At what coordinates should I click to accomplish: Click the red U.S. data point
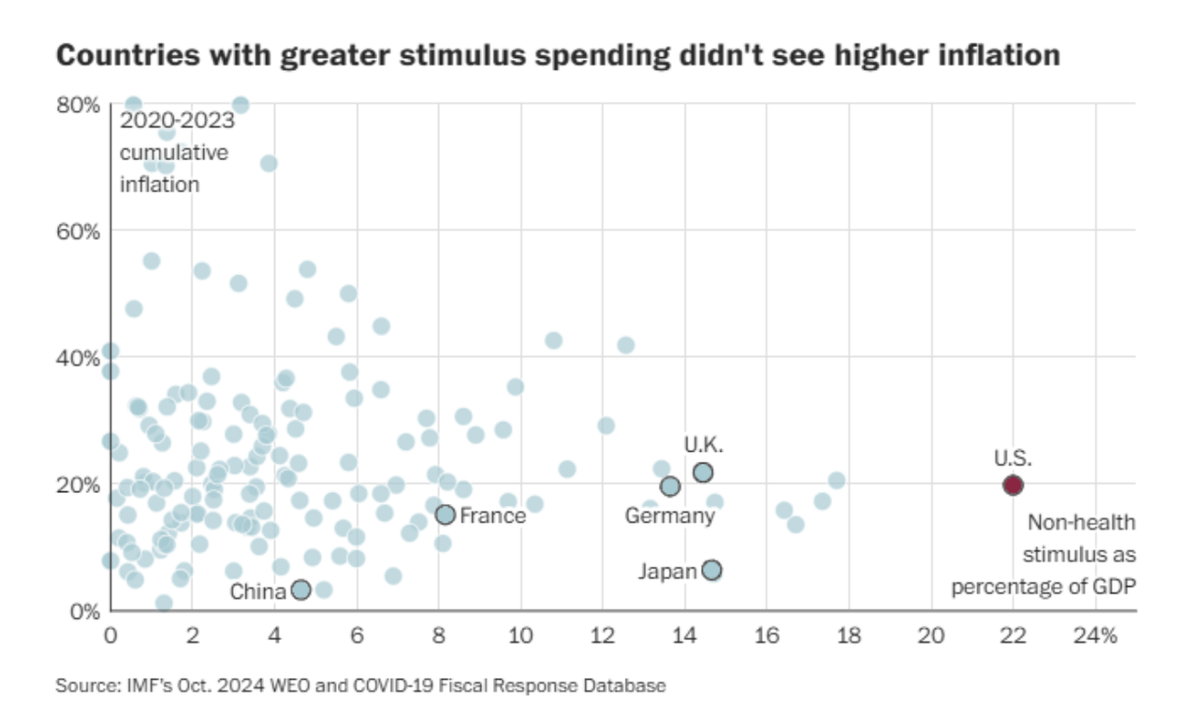tap(1013, 485)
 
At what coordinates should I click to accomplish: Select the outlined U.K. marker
tap(703, 472)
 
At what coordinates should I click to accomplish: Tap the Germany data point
tap(670, 486)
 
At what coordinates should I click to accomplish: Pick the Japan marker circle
tap(711, 571)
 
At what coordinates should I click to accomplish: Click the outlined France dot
tap(446, 515)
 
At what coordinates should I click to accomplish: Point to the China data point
tap(300, 589)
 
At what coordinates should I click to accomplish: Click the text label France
tap(492, 515)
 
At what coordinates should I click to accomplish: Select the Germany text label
tap(669, 515)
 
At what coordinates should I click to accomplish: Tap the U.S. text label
tap(1012, 458)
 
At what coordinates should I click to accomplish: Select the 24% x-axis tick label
tap(1095, 636)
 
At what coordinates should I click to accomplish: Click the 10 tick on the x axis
tap(520, 636)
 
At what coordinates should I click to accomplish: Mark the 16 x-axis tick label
tap(767, 636)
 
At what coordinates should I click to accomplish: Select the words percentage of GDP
tap(1044, 587)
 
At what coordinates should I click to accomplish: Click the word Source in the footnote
tap(79, 686)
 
